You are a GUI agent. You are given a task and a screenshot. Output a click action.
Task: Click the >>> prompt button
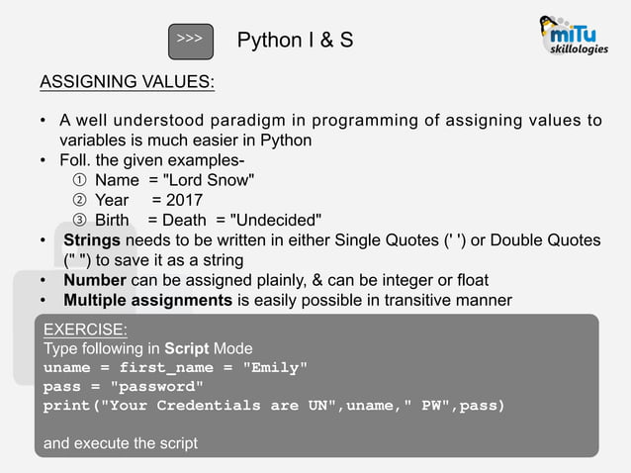click(190, 39)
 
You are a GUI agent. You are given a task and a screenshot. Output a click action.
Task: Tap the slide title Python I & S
click(295, 40)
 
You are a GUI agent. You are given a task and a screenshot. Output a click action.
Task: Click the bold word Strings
click(92, 240)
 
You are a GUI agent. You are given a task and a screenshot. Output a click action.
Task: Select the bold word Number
click(93, 280)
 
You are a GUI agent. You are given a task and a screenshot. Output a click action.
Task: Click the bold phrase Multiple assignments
click(147, 300)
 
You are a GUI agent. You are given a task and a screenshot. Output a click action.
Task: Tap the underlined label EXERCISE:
click(85, 329)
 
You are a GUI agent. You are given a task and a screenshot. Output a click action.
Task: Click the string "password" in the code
click(156, 386)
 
